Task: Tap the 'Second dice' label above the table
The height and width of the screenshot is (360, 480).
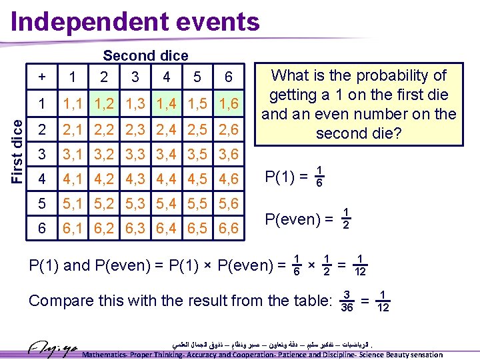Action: [145, 56]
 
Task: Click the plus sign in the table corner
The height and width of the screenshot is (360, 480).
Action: [42, 77]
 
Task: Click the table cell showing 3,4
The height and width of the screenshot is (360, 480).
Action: [166, 154]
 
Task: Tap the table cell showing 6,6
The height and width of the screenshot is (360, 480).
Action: [228, 229]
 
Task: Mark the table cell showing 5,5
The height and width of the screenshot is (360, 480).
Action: [197, 203]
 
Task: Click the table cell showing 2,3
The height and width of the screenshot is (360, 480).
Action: [135, 129]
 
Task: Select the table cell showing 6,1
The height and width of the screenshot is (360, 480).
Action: [73, 229]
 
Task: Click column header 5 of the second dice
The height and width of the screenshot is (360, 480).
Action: [197, 77]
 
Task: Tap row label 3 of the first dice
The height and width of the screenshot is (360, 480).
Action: [42, 154]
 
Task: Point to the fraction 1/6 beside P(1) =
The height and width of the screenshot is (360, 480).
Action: [319, 176]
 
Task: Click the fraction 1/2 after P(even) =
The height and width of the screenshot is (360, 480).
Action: [346, 218]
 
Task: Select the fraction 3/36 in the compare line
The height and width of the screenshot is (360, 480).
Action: [347, 301]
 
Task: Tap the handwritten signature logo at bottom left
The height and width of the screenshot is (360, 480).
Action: [53, 348]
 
